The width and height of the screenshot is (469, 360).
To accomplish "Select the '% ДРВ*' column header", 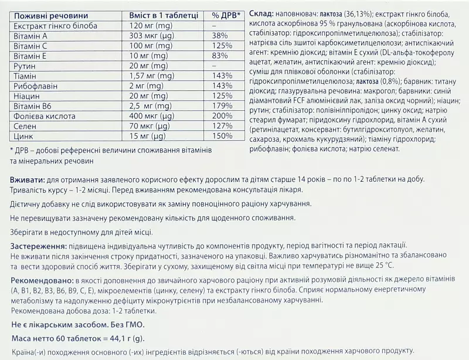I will coord(226,15).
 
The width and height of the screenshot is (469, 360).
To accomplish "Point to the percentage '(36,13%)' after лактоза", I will coord(349,13).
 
